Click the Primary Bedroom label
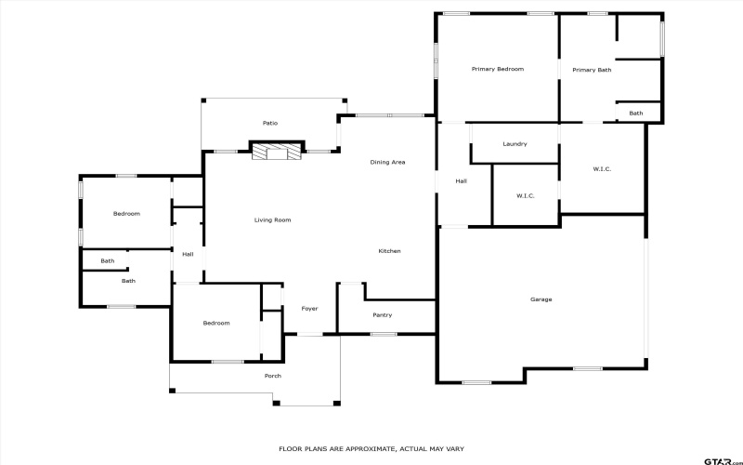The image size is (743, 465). click(x=498, y=70)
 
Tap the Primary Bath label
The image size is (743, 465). click(x=592, y=70)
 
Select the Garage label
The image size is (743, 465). click(x=541, y=299)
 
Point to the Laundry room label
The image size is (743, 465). click(x=515, y=144)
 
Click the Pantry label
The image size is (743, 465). click(x=382, y=315)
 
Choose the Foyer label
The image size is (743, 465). click(x=309, y=309)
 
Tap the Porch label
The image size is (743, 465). click(x=272, y=376)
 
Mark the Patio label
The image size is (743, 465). click(x=270, y=123)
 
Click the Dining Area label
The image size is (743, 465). click(x=387, y=163)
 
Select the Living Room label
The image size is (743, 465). click(x=273, y=220)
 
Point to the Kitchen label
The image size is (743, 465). click(x=389, y=251)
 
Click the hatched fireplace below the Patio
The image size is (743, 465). click(x=277, y=151)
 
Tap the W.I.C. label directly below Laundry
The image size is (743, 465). click(x=526, y=196)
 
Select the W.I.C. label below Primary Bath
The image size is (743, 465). click(x=602, y=168)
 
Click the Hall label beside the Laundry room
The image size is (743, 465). click(x=461, y=181)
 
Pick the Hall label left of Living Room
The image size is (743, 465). click(x=188, y=254)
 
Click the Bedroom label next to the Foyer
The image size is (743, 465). click(x=216, y=323)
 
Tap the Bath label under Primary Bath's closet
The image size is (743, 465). click(x=635, y=113)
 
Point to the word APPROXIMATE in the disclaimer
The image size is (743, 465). click(x=357, y=448)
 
